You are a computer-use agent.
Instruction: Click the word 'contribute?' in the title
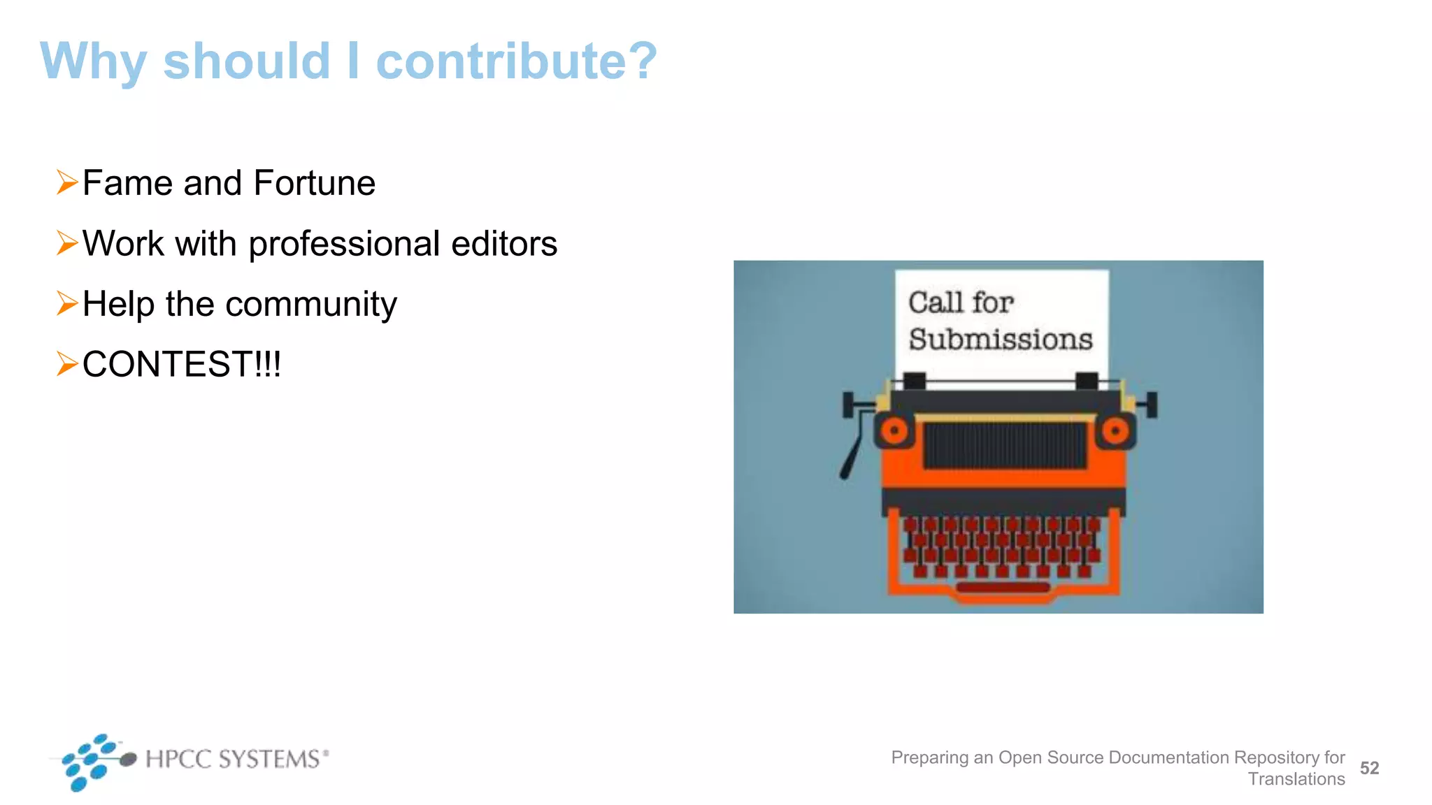[516, 61]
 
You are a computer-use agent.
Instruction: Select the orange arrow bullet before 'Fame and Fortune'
[67, 182]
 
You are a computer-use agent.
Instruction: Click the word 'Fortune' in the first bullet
[315, 183]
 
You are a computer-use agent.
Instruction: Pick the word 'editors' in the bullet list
[504, 243]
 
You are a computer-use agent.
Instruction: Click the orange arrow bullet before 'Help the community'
[67, 303]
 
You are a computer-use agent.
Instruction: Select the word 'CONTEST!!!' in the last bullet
[182, 364]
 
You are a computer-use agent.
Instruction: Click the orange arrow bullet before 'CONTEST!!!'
[67, 364]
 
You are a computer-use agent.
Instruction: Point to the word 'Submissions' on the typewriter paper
[1000, 340]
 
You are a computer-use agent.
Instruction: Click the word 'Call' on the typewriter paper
[936, 303]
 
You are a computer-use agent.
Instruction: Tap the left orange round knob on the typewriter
[894, 431]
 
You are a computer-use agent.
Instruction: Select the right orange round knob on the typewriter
[1115, 430]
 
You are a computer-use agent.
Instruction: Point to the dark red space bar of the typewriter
[1003, 588]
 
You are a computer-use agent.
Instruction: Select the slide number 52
[1369, 768]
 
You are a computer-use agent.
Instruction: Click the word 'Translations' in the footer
[1296, 779]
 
